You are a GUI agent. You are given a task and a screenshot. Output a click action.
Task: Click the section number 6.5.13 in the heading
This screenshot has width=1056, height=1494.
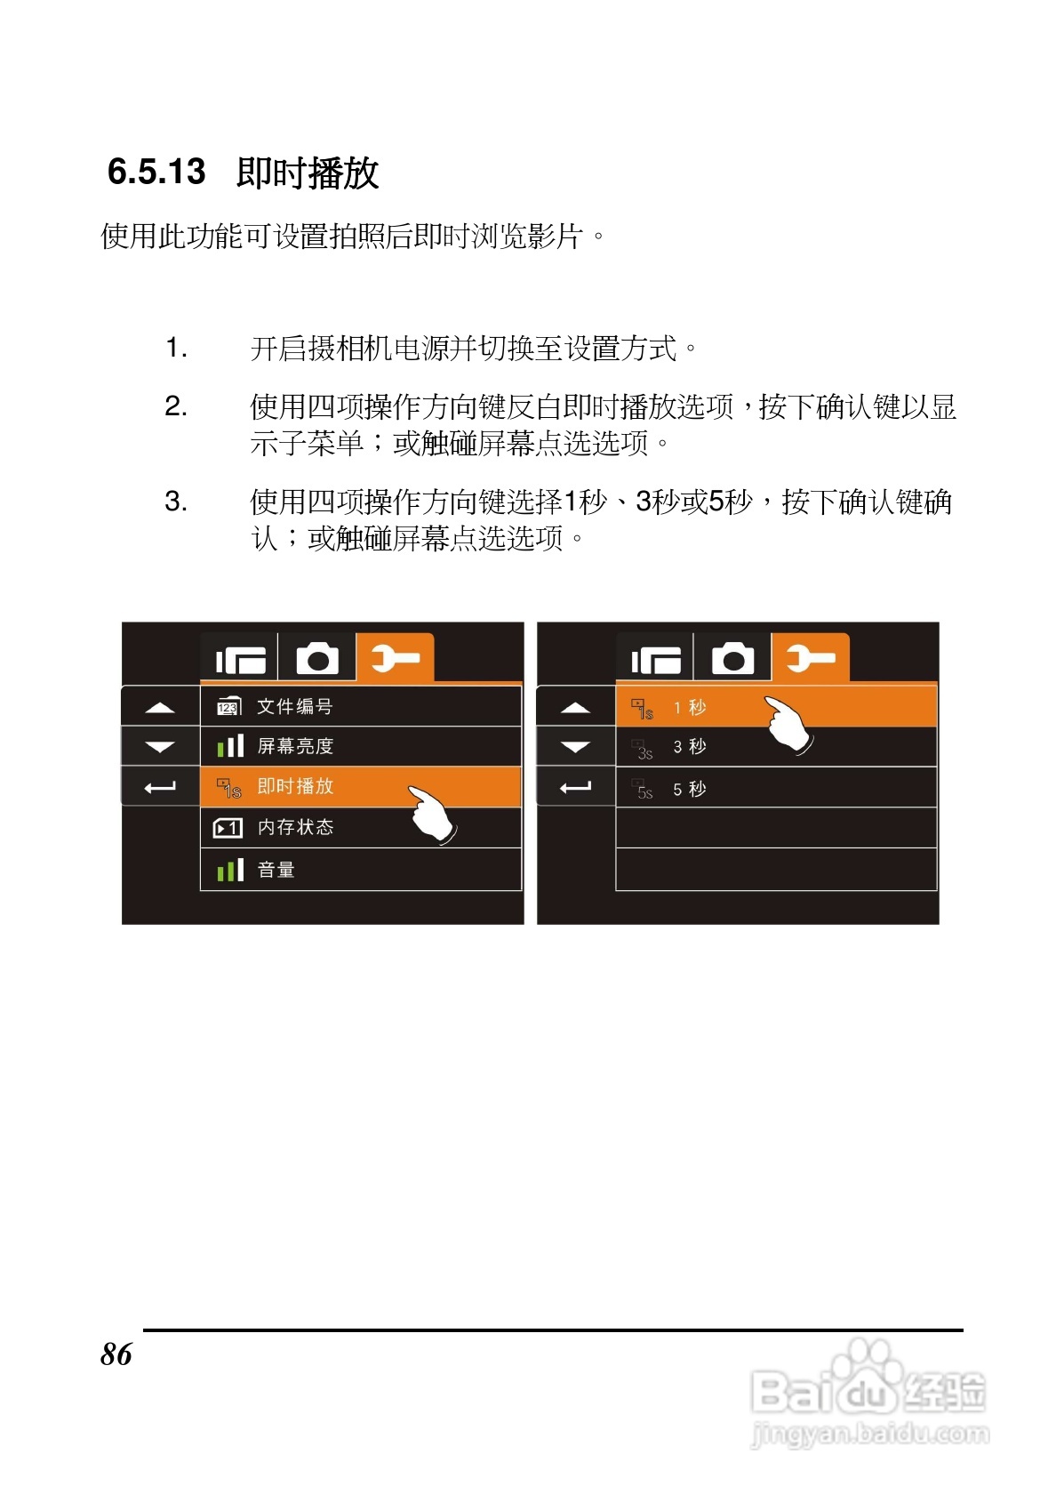(x=156, y=172)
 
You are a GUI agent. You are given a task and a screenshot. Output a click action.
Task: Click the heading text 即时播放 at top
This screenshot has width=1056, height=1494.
(x=308, y=173)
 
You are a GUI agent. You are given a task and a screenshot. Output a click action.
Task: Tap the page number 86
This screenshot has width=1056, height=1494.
(x=116, y=1354)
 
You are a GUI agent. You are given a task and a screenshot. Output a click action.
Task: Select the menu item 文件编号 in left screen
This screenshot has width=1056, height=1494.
(x=294, y=707)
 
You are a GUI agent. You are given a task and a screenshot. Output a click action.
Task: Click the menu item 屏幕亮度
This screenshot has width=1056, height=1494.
(x=295, y=746)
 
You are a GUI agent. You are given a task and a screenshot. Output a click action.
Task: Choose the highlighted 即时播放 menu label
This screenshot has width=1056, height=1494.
(x=295, y=786)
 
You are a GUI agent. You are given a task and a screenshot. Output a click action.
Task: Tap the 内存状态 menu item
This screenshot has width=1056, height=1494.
(x=295, y=827)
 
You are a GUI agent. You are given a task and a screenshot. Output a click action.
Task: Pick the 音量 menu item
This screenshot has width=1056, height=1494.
(x=276, y=870)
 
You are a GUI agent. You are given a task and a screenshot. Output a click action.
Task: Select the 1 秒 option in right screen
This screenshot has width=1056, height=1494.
(x=690, y=708)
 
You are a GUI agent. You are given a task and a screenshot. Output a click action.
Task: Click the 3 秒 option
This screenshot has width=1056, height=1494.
(x=690, y=747)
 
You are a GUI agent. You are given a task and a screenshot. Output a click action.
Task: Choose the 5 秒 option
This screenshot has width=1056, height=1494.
(x=690, y=789)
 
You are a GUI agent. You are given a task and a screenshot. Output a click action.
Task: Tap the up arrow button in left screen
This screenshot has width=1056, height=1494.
(x=160, y=708)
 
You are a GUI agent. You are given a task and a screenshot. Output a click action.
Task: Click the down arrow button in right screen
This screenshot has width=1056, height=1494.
(x=576, y=747)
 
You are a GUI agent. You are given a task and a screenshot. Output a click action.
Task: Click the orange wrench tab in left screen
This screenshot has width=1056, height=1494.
(x=395, y=659)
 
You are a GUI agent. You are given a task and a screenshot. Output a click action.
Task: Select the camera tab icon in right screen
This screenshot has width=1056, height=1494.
(x=732, y=659)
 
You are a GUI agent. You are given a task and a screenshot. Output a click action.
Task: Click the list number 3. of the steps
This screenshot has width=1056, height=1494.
(x=176, y=502)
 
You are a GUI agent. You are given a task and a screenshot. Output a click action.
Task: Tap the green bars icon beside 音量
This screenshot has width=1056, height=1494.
(x=230, y=870)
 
